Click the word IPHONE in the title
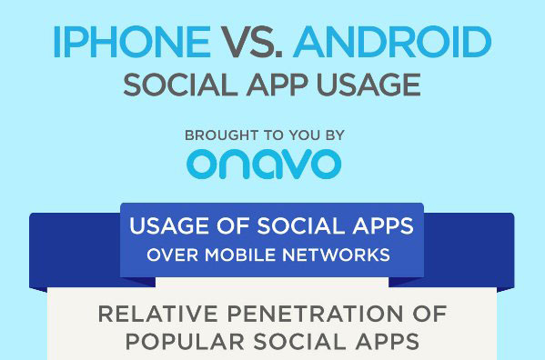pos(133,42)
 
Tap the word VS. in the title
pos(252,42)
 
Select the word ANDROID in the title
pos(392,42)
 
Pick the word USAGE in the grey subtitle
pos(368,85)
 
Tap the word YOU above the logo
pos(305,135)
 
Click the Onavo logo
pos(264,164)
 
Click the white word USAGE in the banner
pos(168,226)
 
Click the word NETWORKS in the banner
pos(336,255)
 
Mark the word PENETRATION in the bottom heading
pos(315,314)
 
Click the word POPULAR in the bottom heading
pos(185,342)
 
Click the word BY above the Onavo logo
pos(335,135)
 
